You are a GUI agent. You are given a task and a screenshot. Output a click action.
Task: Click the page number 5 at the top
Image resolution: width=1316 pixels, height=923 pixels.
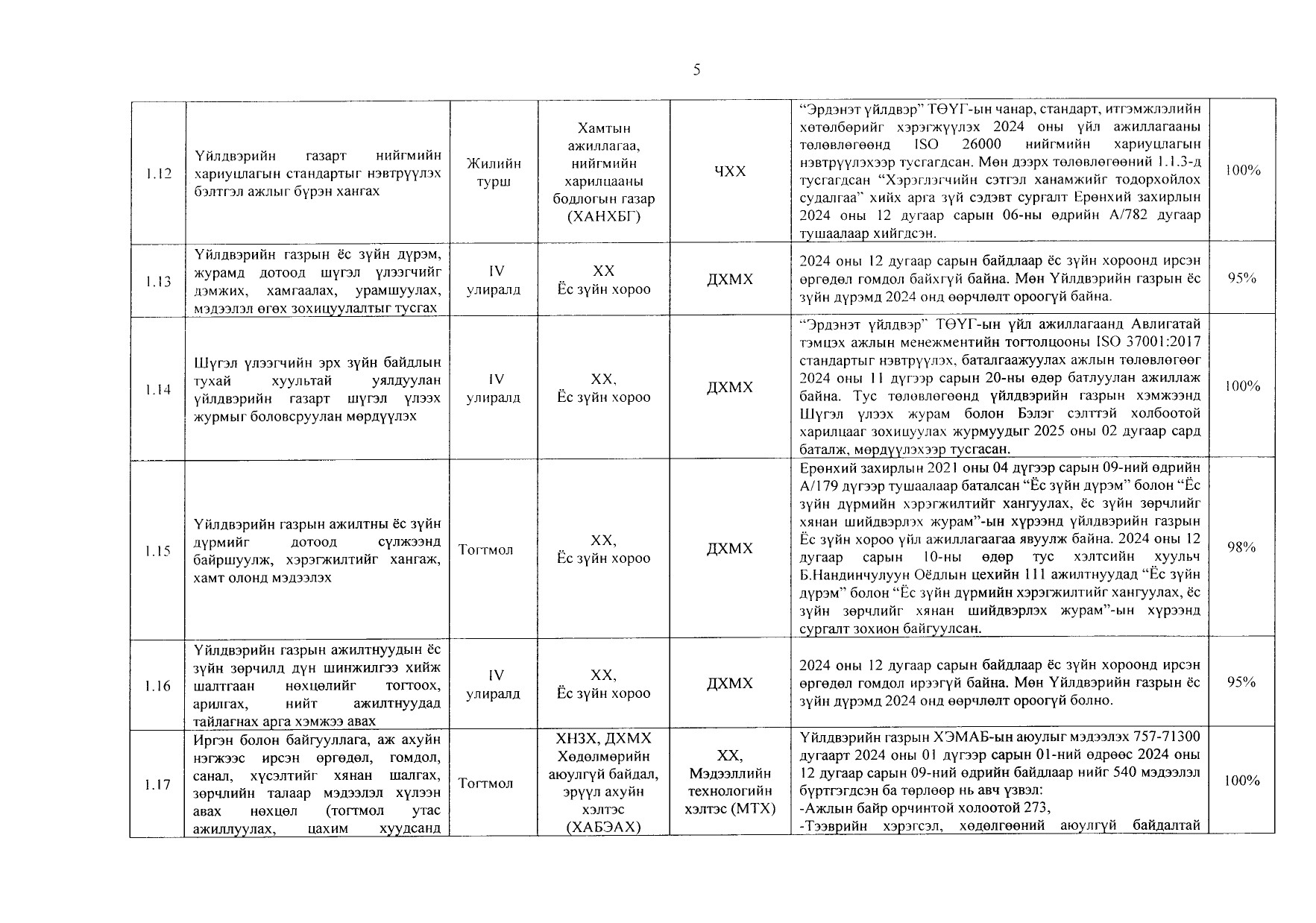point(696,70)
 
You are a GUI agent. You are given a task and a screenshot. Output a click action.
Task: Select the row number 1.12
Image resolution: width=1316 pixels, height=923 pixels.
point(158,174)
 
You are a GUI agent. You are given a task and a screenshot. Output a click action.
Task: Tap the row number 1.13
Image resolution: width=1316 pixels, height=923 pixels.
point(158,282)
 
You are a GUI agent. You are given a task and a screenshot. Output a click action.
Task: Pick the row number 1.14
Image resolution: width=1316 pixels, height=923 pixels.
point(158,390)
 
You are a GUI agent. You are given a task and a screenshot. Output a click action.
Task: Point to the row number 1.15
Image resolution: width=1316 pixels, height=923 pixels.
point(158,551)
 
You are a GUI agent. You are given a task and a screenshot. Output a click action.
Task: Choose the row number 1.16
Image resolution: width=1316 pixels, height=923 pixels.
point(158,686)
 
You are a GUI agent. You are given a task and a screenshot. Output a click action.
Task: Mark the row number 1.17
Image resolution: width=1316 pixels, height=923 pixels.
point(158,784)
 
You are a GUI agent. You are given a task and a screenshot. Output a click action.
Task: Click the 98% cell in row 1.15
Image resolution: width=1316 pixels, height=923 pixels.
point(1241,548)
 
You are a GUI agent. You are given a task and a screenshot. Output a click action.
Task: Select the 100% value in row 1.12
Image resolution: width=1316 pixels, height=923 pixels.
point(1241,171)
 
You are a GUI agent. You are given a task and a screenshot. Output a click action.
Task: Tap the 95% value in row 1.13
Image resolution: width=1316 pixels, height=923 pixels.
point(1241,279)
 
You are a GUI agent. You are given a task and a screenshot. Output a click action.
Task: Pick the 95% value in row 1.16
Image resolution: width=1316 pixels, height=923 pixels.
point(1241,683)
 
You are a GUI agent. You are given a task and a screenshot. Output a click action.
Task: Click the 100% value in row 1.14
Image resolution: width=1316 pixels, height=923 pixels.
point(1241,386)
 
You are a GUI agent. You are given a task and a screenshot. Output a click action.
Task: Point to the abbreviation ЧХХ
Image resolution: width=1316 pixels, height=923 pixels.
point(729,172)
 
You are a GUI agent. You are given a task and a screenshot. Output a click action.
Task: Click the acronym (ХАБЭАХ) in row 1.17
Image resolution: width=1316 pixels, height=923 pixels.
point(603,827)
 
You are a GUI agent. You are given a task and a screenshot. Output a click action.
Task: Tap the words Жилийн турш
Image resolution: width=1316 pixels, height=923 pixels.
point(493,172)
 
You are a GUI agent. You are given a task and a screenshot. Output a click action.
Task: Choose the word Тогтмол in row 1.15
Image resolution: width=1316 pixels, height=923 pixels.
point(485,550)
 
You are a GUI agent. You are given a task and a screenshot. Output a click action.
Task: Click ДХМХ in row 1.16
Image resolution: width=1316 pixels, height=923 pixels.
point(729,684)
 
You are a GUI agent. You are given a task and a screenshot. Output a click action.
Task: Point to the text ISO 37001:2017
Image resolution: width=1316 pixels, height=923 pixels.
point(1159,342)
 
